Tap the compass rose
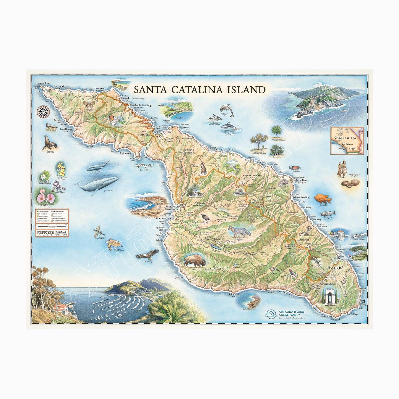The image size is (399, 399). [x=44, y=111]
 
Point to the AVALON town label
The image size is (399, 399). [x=335, y=268]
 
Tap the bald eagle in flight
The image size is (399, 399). [x=148, y=253]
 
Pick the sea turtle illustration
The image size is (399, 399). [x=114, y=243]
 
